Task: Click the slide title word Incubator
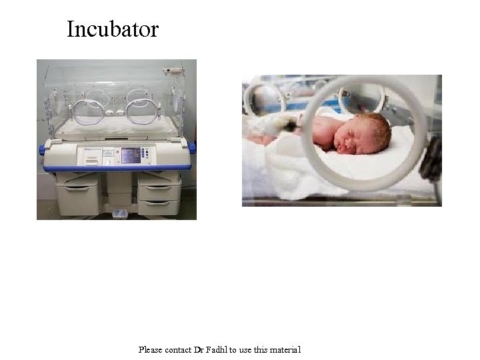[x=113, y=29]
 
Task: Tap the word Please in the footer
[x=149, y=349]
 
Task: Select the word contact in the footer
[x=177, y=349]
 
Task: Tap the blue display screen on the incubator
[x=131, y=155]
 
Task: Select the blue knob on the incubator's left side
[x=42, y=150]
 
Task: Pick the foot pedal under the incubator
[x=120, y=213]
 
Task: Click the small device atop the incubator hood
[x=173, y=69]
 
